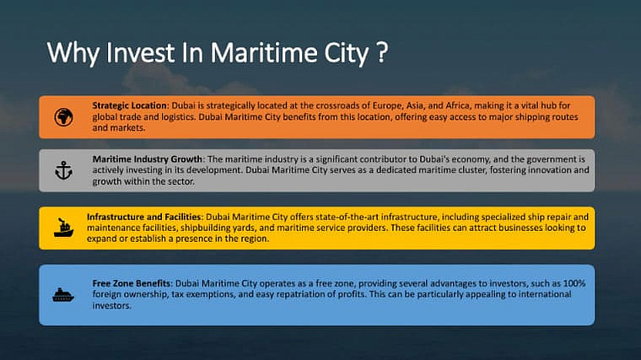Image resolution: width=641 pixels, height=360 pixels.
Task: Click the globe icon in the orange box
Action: (64, 117)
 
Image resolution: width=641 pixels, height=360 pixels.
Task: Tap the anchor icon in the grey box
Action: (64, 170)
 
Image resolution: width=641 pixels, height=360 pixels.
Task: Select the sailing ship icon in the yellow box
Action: (64, 228)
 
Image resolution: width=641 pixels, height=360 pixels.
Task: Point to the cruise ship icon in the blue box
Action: (63, 294)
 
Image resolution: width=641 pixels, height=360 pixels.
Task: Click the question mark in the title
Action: (381, 52)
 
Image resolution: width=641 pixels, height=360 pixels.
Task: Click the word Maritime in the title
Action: (264, 53)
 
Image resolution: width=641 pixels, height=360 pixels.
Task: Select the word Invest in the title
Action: (140, 53)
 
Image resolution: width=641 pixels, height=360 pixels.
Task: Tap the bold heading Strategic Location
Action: (130, 105)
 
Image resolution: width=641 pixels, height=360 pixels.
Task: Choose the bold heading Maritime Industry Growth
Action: (147, 159)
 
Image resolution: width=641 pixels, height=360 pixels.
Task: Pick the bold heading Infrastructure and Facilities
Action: (144, 217)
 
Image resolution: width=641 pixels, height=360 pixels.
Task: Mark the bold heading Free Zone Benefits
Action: (132, 283)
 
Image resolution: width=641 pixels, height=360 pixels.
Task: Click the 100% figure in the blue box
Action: (574, 283)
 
